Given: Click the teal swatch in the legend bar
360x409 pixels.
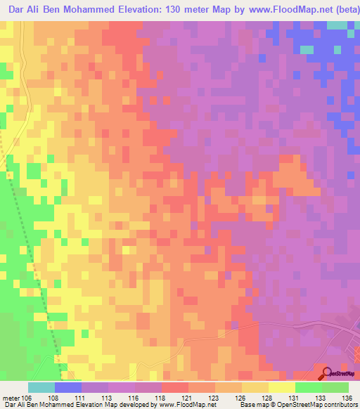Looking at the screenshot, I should coord(41,387).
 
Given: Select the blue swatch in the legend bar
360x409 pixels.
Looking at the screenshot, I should coord(67,387).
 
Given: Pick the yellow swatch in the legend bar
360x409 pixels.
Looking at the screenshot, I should coord(282,387).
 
